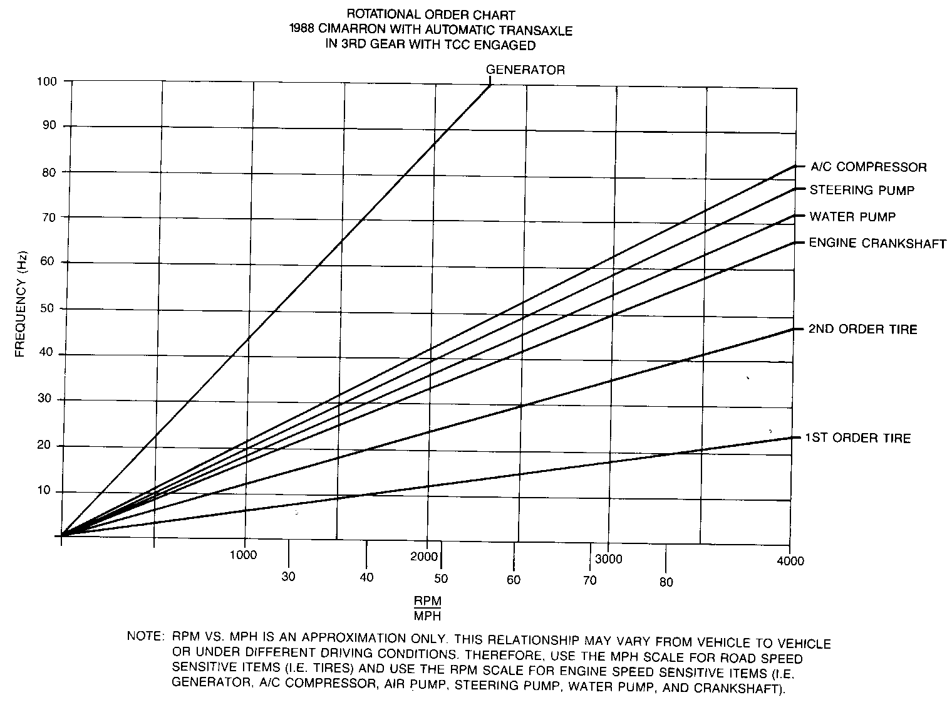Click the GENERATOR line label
click(525, 70)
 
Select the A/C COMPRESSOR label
click(868, 167)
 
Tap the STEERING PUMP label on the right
click(862, 190)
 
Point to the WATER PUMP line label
click(852, 217)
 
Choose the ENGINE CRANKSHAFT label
click(877, 243)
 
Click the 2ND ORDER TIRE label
click(862, 329)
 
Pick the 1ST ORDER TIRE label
click(857, 438)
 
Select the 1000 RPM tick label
click(243, 555)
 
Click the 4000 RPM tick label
click(791, 561)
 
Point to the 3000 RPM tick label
click(609, 559)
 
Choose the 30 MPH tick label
click(288, 577)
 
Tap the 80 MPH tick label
click(666, 582)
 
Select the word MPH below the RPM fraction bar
click(428, 615)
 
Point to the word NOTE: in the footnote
click(145, 636)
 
